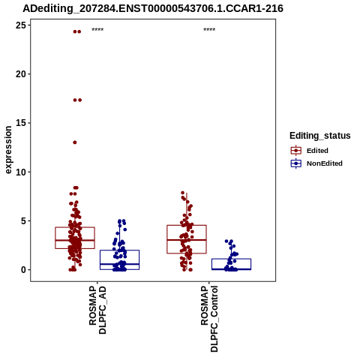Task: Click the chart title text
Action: pos(153,9)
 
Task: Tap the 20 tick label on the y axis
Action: pos(21,74)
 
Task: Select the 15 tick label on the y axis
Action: pos(21,123)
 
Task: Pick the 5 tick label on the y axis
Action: pos(23,221)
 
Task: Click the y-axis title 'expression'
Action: pos(8,150)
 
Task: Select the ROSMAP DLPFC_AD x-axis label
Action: pos(97,310)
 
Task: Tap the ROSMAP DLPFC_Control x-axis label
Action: pos(209,319)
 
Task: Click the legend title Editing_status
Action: pos(320,136)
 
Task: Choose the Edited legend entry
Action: pos(309,151)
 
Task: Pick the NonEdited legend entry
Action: pos(316,163)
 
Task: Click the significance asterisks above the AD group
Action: pos(97,30)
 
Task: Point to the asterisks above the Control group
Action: pos(209,30)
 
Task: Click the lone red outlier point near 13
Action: pos(75,142)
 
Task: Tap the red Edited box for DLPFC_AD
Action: pos(55,238)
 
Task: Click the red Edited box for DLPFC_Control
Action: pos(167,239)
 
